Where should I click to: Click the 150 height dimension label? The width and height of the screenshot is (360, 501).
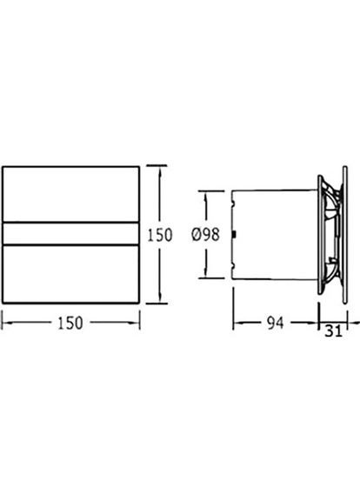pos(159,235)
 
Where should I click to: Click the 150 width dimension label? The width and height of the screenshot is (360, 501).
pos(70,323)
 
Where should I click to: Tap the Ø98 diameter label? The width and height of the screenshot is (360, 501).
pos(205,235)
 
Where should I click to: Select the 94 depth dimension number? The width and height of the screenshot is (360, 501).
pos(275,323)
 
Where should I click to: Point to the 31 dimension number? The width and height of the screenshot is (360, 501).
pos(333,331)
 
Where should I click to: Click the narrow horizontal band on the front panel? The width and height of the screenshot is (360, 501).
pos(70,234)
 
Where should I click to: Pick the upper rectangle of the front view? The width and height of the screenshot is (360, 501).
pos(70,194)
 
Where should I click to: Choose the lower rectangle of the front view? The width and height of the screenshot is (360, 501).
pos(70,274)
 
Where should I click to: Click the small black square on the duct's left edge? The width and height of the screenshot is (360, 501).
pos(234,235)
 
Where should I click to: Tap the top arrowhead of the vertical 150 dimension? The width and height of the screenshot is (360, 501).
pos(160,170)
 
